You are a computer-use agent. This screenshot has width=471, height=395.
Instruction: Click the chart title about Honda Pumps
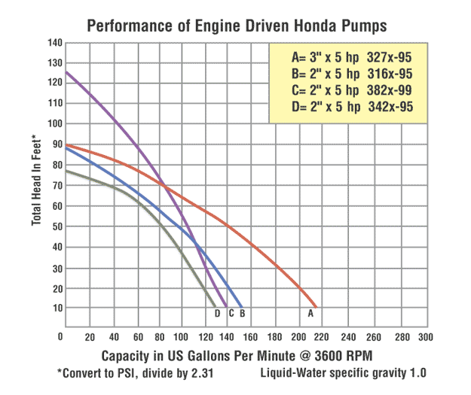point(237,26)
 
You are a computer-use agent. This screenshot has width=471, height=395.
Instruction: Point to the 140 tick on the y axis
point(53,42)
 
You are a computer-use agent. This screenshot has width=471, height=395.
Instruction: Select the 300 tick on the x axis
point(426,336)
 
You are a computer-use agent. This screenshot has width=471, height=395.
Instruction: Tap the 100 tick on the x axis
point(182,336)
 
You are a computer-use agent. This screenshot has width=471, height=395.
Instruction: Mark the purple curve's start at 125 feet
point(66,72)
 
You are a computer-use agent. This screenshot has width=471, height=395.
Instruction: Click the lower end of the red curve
point(317,308)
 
